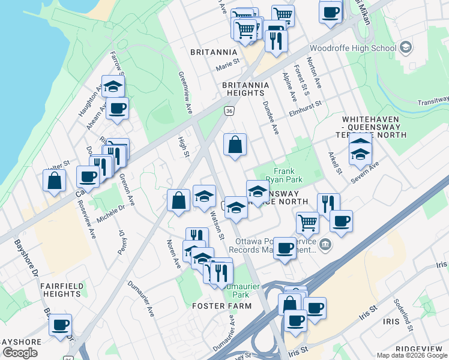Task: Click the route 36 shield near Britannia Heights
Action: point(229,111)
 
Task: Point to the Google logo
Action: point(20,352)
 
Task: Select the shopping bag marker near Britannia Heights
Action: point(235,145)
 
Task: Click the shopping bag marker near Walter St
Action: point(54,181)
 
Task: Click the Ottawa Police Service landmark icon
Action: point(325,244)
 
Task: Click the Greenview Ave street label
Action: point(184,92)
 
